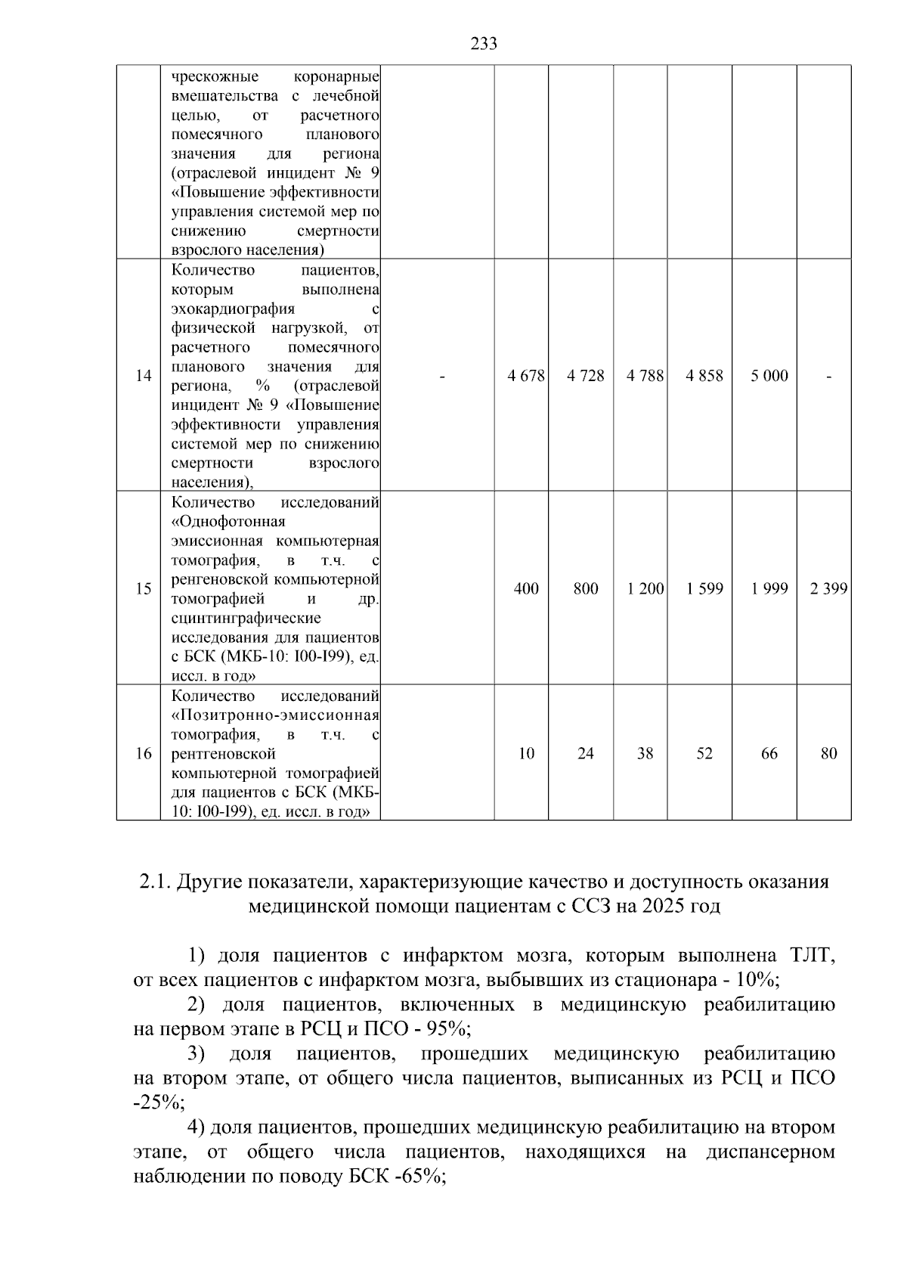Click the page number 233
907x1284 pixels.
484,44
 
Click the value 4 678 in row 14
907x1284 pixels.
526,376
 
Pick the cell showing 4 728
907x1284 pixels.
586,376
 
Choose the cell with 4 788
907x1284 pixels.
645,376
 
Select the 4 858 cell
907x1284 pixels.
704,376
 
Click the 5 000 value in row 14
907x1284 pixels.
769,376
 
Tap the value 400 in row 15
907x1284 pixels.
526,588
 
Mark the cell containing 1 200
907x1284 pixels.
645,588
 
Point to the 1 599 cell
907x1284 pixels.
704,588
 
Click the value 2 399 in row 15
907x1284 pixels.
828,588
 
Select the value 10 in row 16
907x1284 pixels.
526,753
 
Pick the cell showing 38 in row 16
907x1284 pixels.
645,753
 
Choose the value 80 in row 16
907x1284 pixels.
828,753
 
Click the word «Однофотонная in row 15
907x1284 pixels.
228,522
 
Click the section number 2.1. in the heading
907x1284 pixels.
156,882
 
